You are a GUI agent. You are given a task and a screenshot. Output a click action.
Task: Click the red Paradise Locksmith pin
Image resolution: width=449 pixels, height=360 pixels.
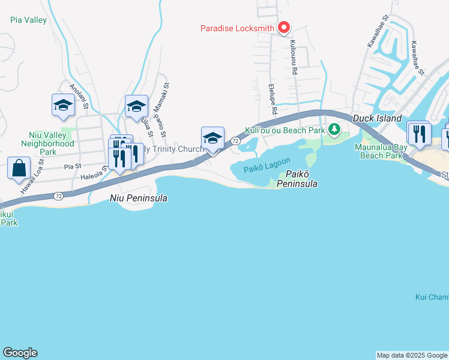pos(283,28)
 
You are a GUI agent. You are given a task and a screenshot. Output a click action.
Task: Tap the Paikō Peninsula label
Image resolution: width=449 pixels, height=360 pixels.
pos(297,178)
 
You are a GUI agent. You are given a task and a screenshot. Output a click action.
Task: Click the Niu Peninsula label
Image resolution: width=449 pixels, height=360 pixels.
pos(138,197)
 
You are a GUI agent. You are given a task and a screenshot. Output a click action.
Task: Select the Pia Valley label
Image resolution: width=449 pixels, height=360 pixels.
pos(28,20)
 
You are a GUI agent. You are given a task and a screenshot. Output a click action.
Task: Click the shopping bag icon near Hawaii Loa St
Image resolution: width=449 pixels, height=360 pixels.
pos(19,167)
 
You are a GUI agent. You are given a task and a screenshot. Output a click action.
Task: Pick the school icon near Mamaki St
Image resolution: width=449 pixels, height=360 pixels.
pos(136,106)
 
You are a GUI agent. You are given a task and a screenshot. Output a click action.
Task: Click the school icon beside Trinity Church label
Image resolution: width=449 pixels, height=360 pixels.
pos(212,137)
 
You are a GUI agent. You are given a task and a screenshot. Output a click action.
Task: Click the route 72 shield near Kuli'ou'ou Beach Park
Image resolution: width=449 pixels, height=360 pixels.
pos(235,140)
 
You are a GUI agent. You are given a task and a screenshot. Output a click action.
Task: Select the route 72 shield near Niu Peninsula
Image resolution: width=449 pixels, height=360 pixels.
pos(58,196)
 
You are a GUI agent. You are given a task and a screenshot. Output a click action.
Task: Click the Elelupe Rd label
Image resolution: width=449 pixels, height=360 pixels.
pos(272,100)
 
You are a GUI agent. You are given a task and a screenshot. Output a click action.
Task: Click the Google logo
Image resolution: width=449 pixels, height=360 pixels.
pos(20,353)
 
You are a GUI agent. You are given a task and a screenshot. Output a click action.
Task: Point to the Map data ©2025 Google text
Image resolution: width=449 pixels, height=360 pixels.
pos(412,355)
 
